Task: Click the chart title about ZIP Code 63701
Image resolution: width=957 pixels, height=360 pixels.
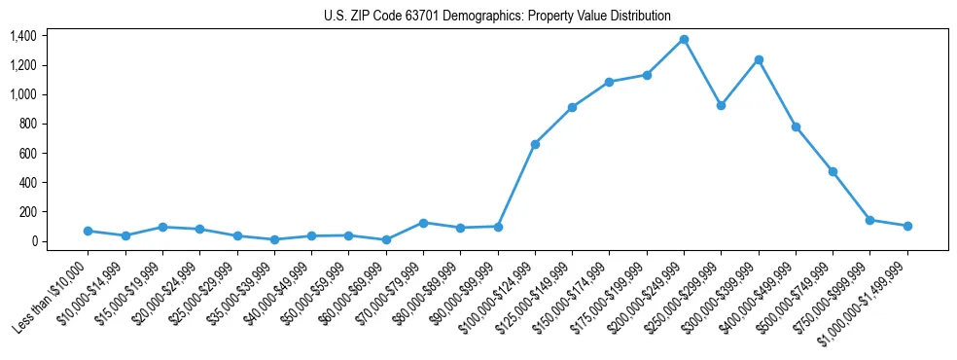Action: (x=497, y=16)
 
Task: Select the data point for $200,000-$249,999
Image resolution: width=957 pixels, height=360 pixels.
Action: (x=684, y=39)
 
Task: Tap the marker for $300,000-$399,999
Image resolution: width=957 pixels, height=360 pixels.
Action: (x=759, y=59)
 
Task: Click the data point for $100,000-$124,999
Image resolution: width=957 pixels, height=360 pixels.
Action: (x=535, y=144)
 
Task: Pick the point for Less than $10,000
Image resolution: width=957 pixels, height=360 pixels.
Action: (x=88, y=231)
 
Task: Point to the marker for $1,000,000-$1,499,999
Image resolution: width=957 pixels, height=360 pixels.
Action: (x=907, y=226)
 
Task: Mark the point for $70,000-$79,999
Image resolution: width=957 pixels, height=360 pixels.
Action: (x=423, y=223)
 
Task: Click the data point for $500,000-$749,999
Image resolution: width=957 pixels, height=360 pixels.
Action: (x=833, y=171)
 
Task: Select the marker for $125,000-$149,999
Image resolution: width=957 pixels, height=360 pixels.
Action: (x=572, y=107)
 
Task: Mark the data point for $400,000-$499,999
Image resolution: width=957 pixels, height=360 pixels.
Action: (x=796, y=126)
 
